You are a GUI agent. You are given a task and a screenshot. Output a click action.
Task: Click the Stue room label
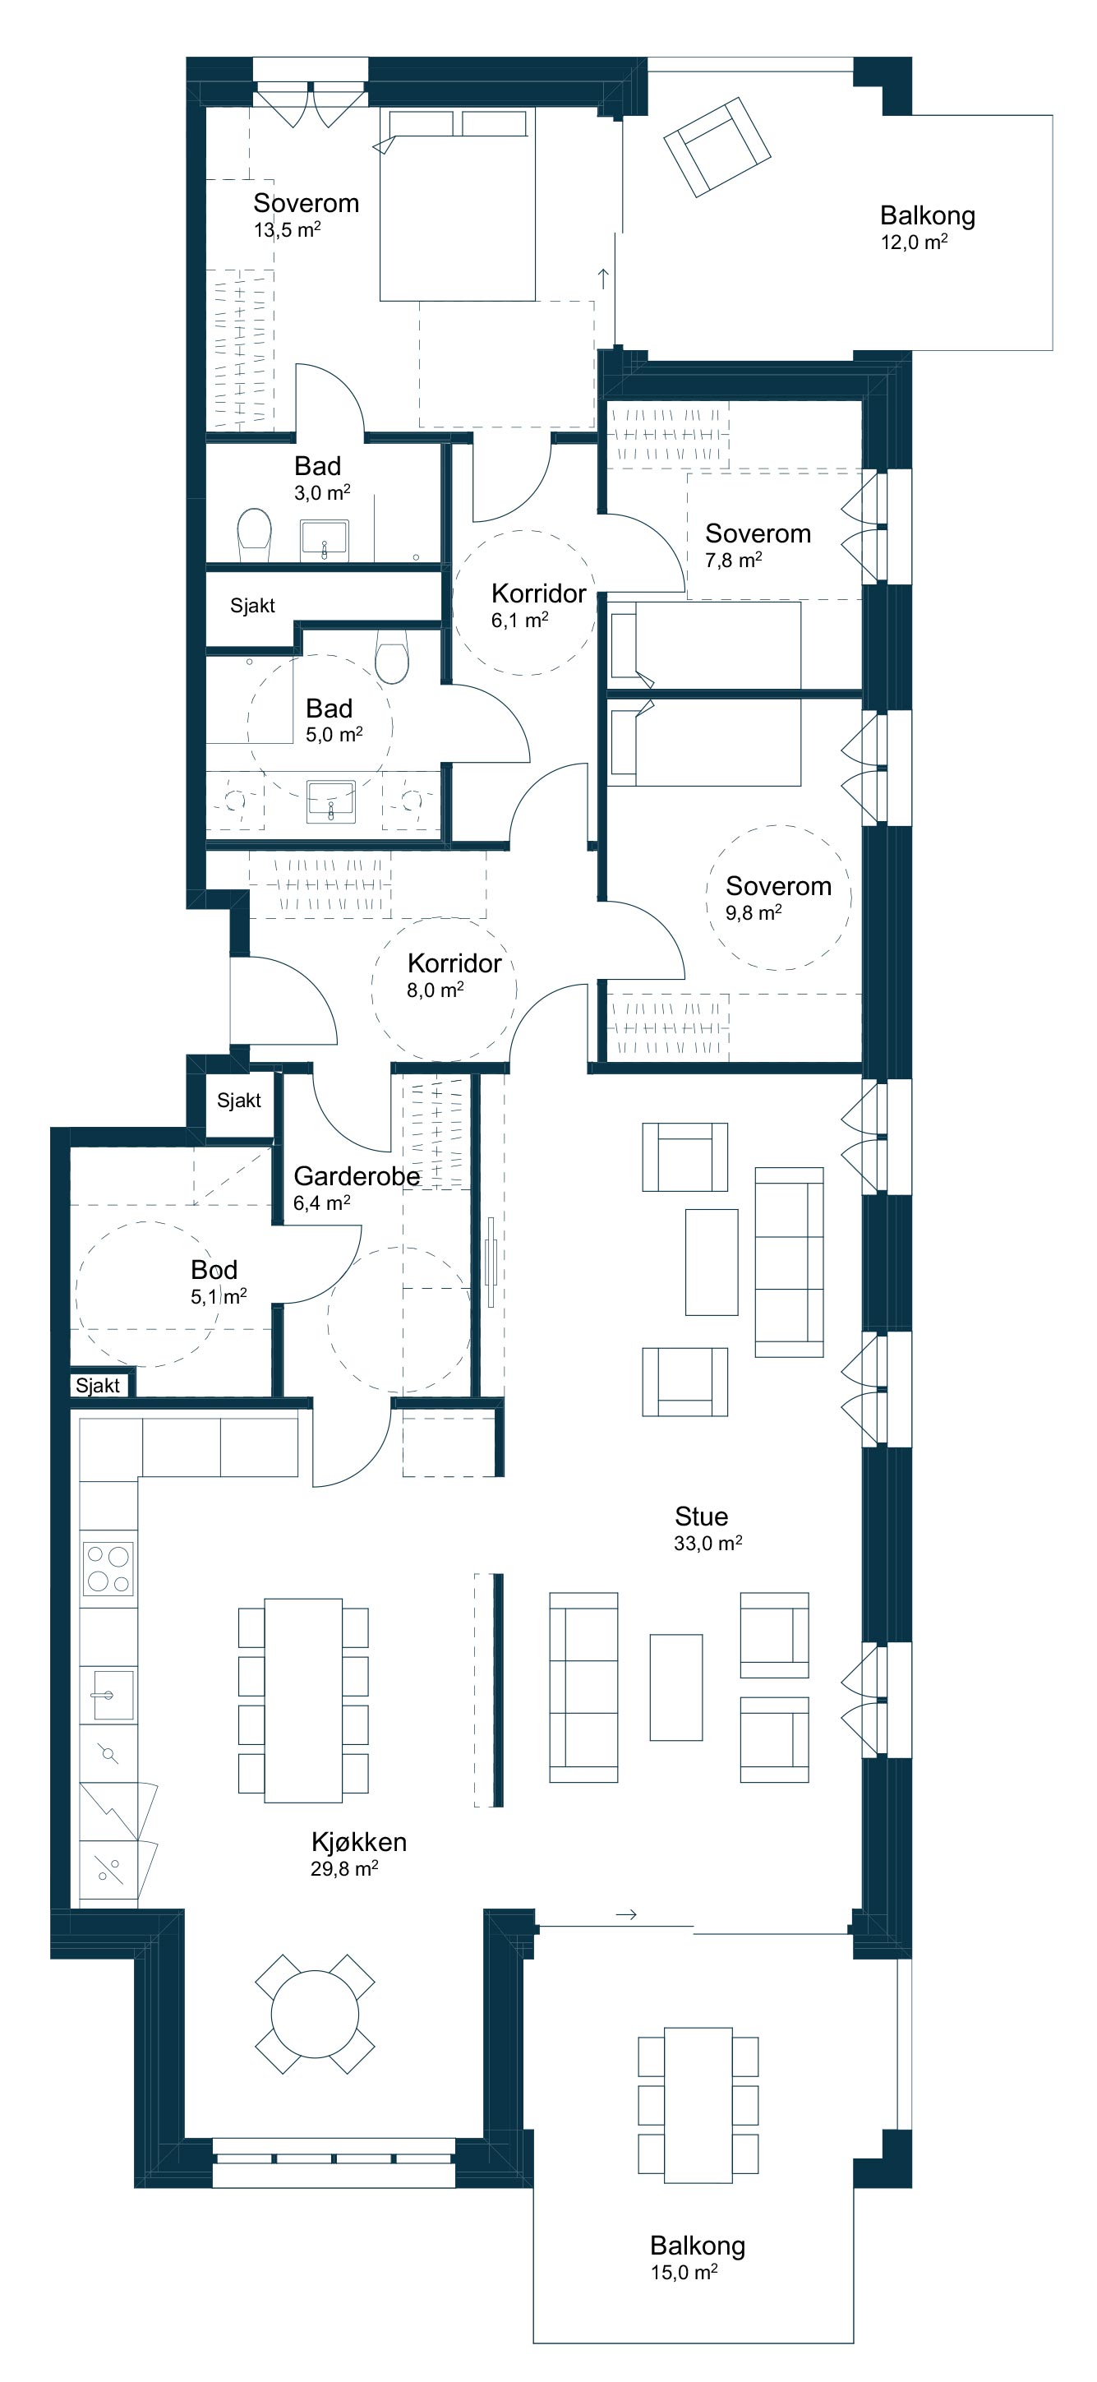tap(701, 1516)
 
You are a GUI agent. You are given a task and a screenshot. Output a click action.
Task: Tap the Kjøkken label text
tap(358, 1842)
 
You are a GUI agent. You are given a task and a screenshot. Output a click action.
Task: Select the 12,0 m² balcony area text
tap(914, 242)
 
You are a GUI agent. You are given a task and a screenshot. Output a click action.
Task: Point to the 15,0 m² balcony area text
tap(684, 2272)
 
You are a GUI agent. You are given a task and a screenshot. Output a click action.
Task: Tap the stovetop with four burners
tap(108, 1568)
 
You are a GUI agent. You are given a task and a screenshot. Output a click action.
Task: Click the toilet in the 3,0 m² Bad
tap(254, 533)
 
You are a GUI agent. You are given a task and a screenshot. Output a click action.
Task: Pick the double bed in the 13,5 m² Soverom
tap(457, 205)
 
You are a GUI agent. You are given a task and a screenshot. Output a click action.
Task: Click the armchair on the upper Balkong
tap(717, 147)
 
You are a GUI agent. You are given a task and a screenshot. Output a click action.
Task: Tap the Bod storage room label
tap(214, 1270)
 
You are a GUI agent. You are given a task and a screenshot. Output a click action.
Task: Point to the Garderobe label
tap(357, 1176)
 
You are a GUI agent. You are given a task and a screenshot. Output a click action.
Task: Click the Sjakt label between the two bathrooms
tap(252, 606)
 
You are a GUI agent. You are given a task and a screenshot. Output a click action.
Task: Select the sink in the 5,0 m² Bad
tap(330, 801)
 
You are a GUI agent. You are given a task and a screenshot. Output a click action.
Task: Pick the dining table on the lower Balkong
tap(698, 2103)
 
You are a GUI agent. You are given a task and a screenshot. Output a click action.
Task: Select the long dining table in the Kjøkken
tap(303, 1700)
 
